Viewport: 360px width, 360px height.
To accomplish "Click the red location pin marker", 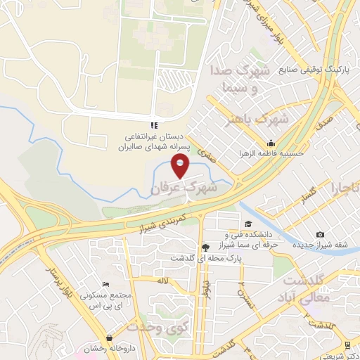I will [x=181, y=167].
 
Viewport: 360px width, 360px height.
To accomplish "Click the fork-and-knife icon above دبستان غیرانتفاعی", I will [x=153, y=126].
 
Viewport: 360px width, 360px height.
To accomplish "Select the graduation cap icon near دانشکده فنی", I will [x=248, y=224].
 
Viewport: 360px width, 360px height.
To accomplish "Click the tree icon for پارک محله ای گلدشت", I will [x=205, y=247].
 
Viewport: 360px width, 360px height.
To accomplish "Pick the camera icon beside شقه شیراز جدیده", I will [x=321, y=234].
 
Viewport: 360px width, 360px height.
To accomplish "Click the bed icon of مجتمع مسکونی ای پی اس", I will [x=105, y=283].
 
